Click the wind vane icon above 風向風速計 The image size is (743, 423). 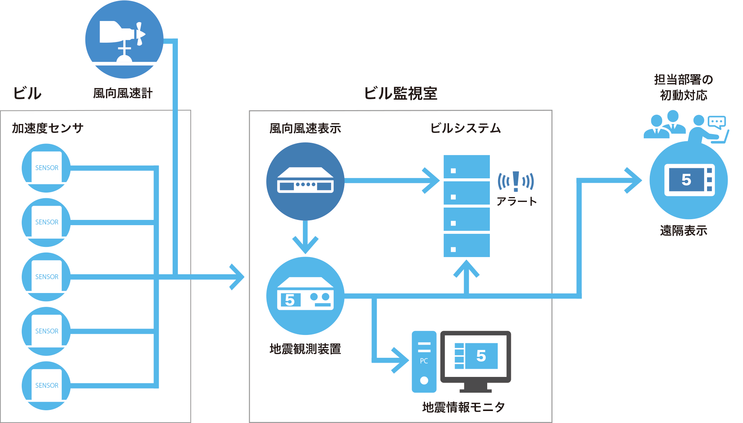click(x=124, y=39)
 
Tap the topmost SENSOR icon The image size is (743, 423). click(x=46, y=168)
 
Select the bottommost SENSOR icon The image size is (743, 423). click(x=46, y=386)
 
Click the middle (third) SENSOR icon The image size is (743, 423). click(x=46, y=277)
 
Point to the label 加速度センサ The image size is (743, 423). click(x=48, y=128)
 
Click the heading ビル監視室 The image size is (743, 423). click(x=400, y=93)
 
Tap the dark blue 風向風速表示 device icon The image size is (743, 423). click(x=305, y=181)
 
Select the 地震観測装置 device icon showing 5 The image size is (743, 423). click(x=305, y=296)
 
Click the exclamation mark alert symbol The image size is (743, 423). click(x=516, y=181)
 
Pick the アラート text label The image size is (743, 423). click(x=516, y=202)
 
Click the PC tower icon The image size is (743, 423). click(x=424, y=362)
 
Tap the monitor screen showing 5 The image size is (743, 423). click(x=476, y=356)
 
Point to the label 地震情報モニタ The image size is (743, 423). click(x=463, y=407)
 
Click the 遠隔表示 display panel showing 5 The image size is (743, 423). click(x=689, y=180)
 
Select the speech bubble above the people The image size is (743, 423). click(x=717, y=122)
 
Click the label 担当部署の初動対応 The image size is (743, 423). click(x=683, y=87)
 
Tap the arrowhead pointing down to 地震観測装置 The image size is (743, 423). click(x=305, y=245)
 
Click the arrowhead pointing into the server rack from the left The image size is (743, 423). click(x=433, y=181)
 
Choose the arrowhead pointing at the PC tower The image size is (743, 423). click(x=402, y=360)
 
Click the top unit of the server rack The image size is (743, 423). click(x=467, y=167)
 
